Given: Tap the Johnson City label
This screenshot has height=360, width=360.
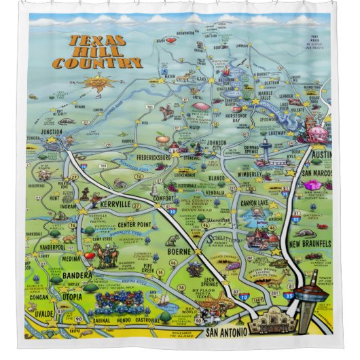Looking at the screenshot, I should (211, 145).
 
